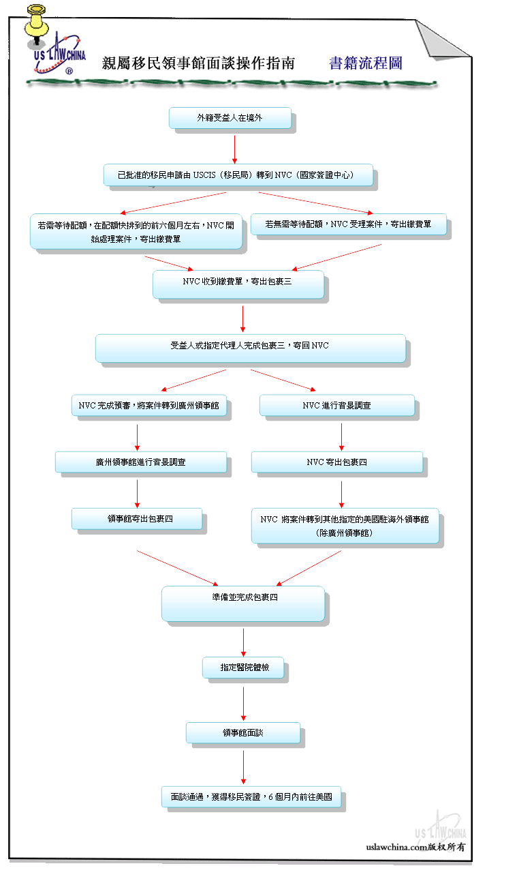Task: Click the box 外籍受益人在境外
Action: (x=230, y=118)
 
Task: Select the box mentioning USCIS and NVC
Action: (x=238, y=175)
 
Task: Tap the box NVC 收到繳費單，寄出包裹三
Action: (x=238, y=284)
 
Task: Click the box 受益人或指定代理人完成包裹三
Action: (x=251, y=348)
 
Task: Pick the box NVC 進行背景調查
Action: (x=337, y=406)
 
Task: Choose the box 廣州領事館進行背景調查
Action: (x=141, y=462)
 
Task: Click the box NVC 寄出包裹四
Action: (x=337, y=462)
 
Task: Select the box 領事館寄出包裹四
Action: (x=137, y=519)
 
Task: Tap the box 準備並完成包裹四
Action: (x=243, y=603)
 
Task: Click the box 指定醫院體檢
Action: (x=243, y=668)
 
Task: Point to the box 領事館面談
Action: (x=243, y=733)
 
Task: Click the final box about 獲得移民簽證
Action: (x=251, y=797)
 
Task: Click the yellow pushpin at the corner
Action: (x=36, y=25)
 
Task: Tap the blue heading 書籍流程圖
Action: (x=366, y=63)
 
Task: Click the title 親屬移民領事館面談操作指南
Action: (x=198, y=63)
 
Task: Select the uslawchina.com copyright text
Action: (x=415, y=846)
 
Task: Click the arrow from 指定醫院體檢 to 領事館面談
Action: (x=243, y=704)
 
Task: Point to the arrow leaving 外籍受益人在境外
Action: (x=234, y=149)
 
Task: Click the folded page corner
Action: (x=442, y=40)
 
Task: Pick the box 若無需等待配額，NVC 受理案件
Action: (x=349, y=224)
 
